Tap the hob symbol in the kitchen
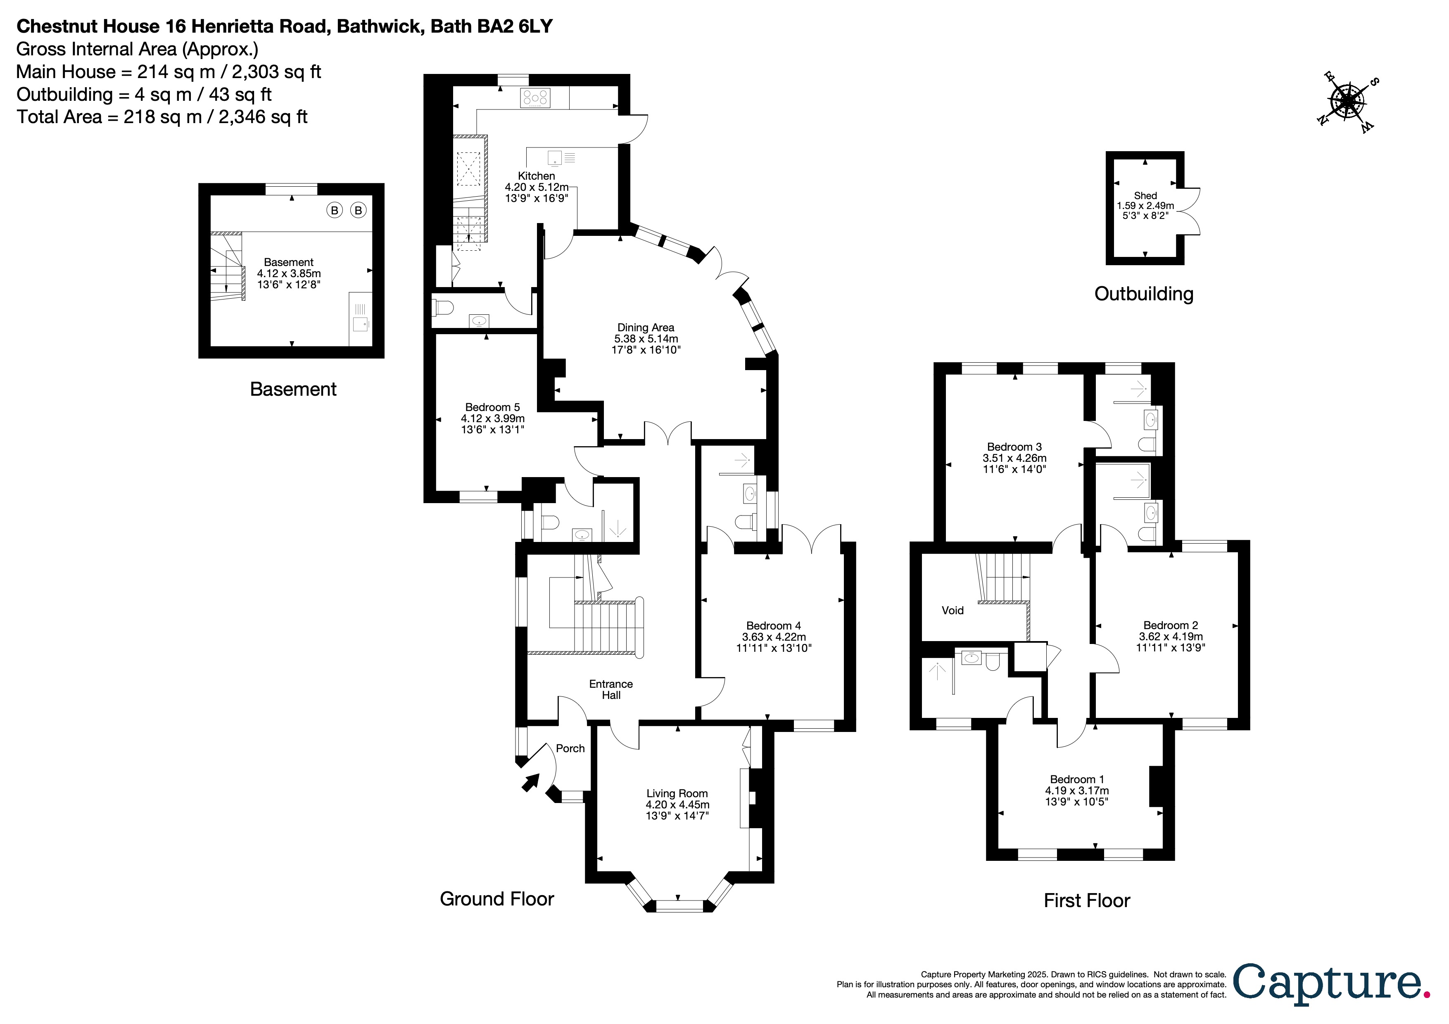[534, 98]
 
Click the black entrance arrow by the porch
[530, 783]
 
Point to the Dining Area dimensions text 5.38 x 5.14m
[646, 339]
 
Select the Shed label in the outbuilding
[1145, 195]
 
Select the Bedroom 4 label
[773, 625]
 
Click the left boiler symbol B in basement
[335, 210]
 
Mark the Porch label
[570, 748]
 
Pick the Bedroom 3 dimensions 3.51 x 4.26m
[1014, 458]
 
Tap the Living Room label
[677, 793]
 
